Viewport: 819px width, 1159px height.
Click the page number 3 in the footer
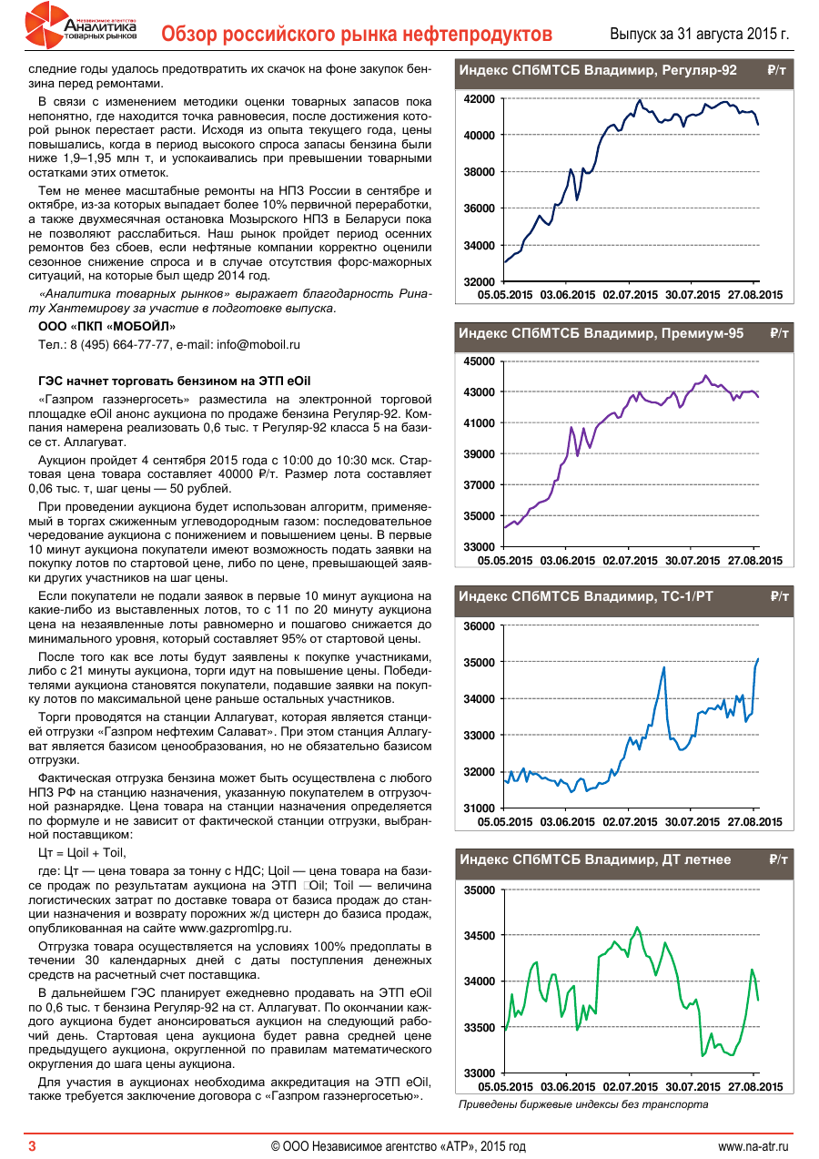(x=32, y=1145)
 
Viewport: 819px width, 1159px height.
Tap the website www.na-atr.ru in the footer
(x=753, y=1145)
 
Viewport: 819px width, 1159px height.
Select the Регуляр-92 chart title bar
(x=622, y=70)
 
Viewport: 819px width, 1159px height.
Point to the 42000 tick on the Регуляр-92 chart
(x=479, y=98)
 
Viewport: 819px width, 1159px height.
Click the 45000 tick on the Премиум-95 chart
(x=479, y=361)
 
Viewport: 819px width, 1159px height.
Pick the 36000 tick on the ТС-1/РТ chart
(x=479, y=626)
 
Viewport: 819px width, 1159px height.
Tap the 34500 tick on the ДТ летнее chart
(x=479, y=936)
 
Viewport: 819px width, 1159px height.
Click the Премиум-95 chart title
(x=602, y=334)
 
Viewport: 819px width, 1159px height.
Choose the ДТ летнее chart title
(x=595, y=859)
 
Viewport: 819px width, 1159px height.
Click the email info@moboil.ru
(x=258, y=345)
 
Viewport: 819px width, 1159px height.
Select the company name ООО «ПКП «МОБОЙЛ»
(x=107, y=326)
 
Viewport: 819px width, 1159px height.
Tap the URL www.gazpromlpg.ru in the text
(x=236, y=928)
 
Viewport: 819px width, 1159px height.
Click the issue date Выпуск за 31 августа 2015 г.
(x=698, y=35)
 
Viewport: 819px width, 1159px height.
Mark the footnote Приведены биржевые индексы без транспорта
(x=582, y=1104)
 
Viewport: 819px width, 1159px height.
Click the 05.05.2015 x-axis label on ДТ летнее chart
(x=505, y=1087)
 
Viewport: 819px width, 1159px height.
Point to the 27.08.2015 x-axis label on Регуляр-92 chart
(x=754, y=294)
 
